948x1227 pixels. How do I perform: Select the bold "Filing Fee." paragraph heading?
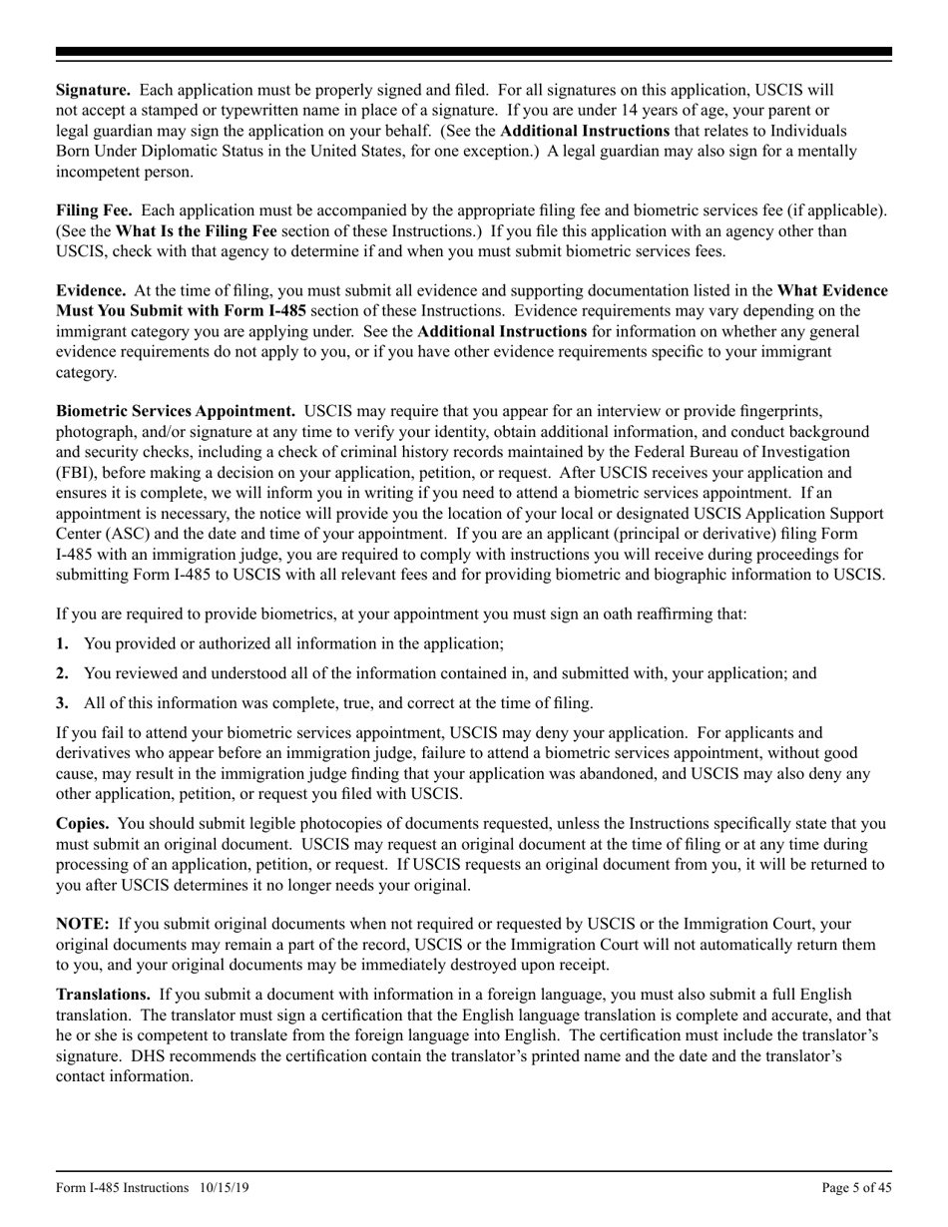coord(96,210)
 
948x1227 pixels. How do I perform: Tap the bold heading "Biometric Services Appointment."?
coord(175,410)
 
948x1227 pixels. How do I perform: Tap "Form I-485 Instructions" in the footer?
coord(122,1187)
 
